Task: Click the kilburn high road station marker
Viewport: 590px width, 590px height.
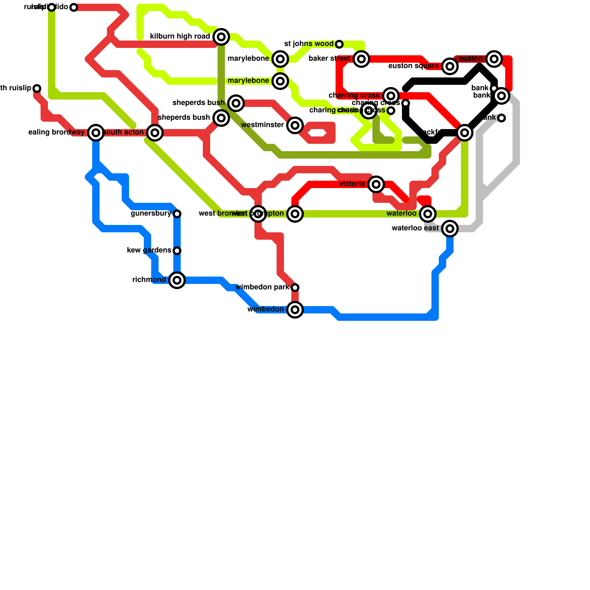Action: (x=221, y=37)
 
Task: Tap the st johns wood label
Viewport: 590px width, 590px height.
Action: (x=309, y=44)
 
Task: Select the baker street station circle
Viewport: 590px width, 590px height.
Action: (x=361, y=59)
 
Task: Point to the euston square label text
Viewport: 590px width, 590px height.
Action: (x=413, y=66)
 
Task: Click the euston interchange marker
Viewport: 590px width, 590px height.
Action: (x=494, y=59)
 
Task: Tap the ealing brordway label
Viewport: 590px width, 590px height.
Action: (x=56, y=132)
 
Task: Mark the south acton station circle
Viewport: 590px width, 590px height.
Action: (x=155, y=133)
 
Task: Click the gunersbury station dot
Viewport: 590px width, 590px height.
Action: (x=177, y=214)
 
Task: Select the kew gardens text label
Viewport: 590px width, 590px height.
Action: (x=149, y=250)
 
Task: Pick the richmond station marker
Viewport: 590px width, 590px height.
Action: (x=177, y=280)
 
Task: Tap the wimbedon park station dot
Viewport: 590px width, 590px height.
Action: (x=295, y=288)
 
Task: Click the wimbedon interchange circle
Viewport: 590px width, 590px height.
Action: (x=295, y=310)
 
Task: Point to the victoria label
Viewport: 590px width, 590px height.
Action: (x=352, y=184)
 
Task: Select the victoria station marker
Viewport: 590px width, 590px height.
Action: (x=376, y=184)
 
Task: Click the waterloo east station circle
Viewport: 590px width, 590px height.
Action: (x=450, y=229)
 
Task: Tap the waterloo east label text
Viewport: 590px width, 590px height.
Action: (x=415, y=228)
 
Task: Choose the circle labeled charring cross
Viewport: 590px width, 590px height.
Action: (x=391, y=96)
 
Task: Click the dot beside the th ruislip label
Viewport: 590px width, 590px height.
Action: (x=37, y=88)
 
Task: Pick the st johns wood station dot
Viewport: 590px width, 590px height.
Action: (x=339, y=44)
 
